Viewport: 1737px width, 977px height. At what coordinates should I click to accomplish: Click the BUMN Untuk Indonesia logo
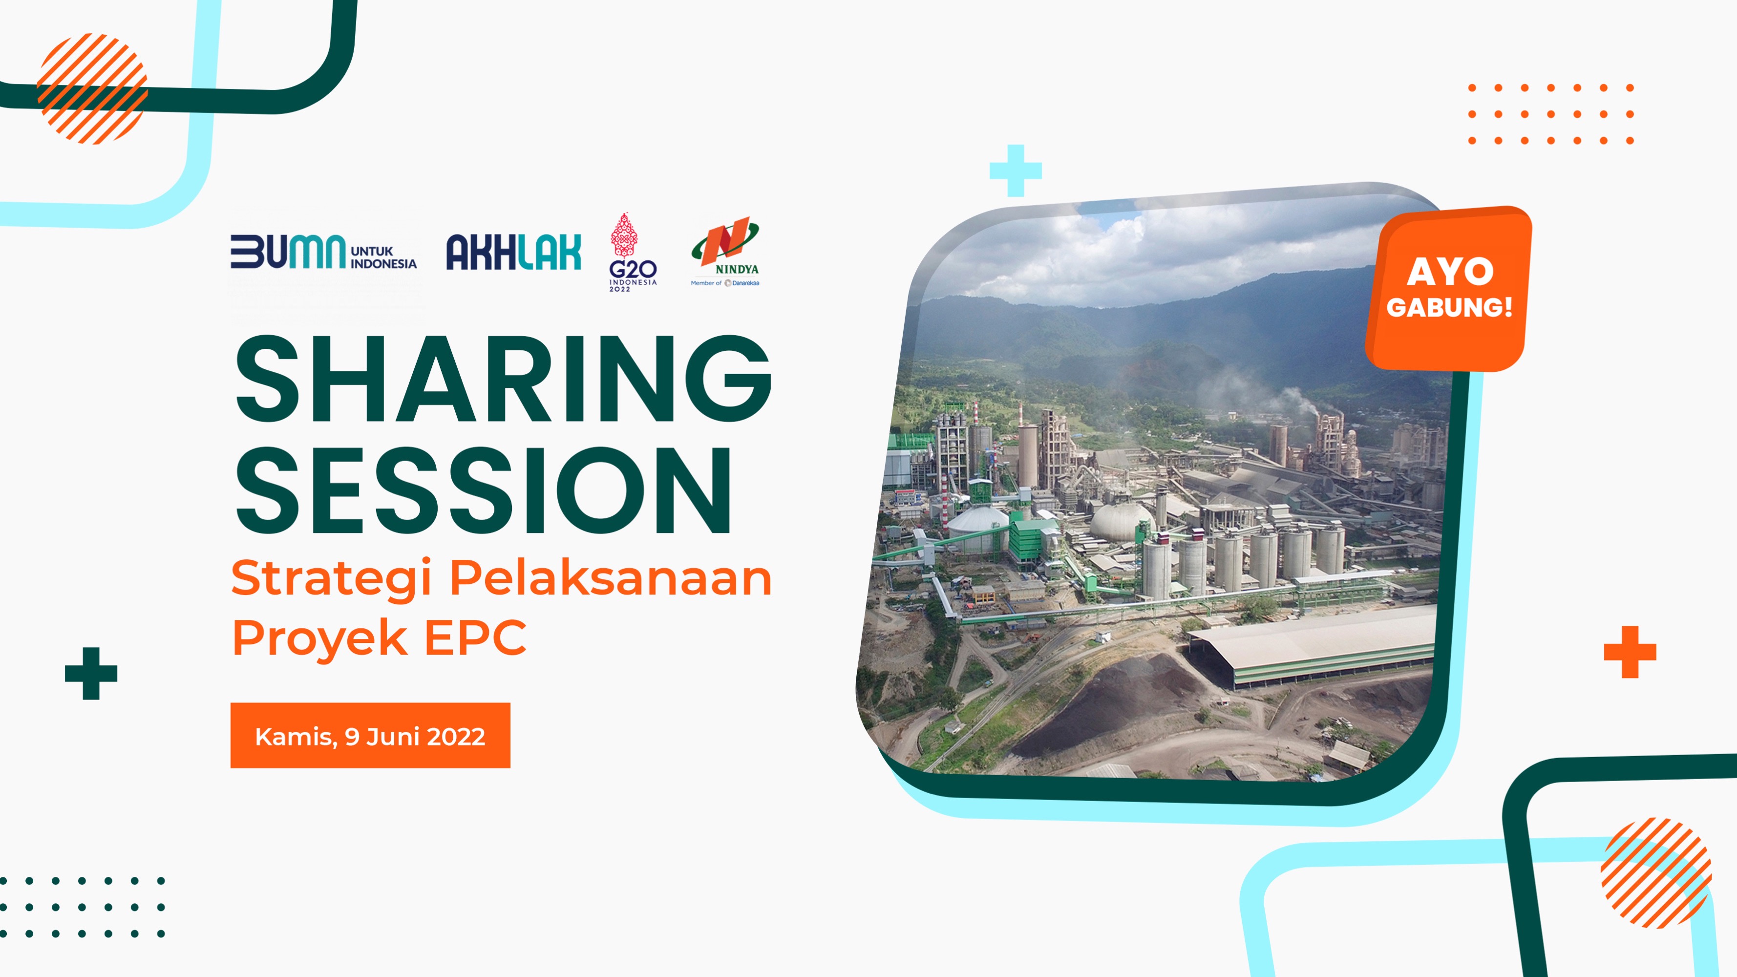click(x=324, y=252)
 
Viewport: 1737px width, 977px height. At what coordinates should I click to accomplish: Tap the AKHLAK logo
click(x=513, y=252)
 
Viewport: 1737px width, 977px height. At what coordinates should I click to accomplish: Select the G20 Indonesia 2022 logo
click(x=633, y=252)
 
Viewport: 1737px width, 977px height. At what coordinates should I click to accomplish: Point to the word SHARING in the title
click(x=503, y=379)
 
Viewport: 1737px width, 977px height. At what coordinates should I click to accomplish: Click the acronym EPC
click(x=475, y=637)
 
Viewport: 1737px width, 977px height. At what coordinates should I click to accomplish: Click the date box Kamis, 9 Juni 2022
click(x=370, y=736)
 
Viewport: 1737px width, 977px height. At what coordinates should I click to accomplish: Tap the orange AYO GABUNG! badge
click(x=1448, y=289)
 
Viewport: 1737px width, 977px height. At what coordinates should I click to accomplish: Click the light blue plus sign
click(x=1016, y=170)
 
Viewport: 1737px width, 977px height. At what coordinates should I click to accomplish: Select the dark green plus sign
click(x=91, y=674)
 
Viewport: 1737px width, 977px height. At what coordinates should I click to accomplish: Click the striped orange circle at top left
click(x=92, y=88)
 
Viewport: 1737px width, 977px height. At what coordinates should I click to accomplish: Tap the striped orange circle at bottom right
click(x=1656, y=873)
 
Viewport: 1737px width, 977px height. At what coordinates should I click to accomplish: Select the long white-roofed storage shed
click(x=1312, y=644)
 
